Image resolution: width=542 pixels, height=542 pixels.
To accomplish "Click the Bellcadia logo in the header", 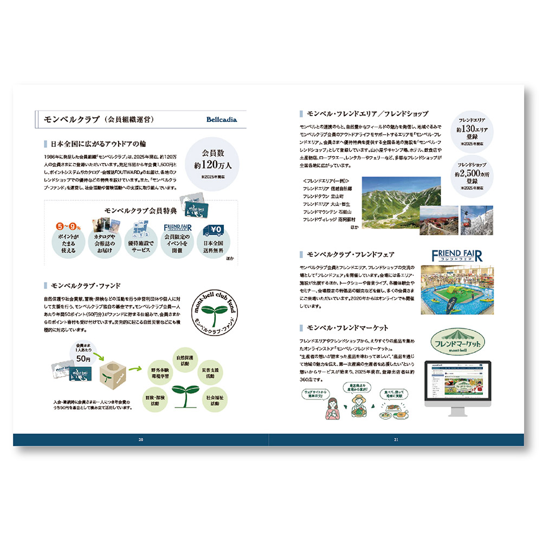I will (x=221, y=120).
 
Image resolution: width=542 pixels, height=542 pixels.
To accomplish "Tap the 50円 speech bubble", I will (x=83, y=354).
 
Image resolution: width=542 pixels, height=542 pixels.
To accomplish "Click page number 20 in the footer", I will (x=141, y=440).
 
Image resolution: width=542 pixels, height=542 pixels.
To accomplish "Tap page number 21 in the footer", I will (x=396, y=440).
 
